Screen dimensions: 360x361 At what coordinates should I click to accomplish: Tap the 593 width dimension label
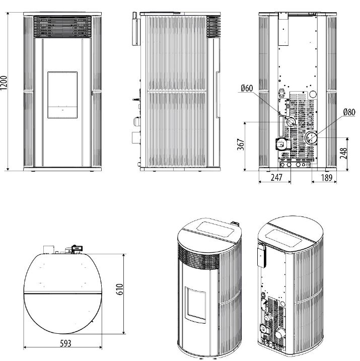65,343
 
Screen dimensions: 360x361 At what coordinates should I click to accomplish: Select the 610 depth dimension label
120,290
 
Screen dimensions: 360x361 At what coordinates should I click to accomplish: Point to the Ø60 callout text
247,88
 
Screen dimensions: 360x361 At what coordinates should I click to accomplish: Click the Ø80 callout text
349,112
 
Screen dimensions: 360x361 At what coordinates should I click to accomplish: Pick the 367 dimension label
241,145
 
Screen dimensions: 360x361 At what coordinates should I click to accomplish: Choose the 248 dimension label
343,153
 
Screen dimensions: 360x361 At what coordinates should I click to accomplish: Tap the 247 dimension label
276,178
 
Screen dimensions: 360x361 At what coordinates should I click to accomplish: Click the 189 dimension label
327,178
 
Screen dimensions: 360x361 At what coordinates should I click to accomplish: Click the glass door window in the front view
62,95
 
